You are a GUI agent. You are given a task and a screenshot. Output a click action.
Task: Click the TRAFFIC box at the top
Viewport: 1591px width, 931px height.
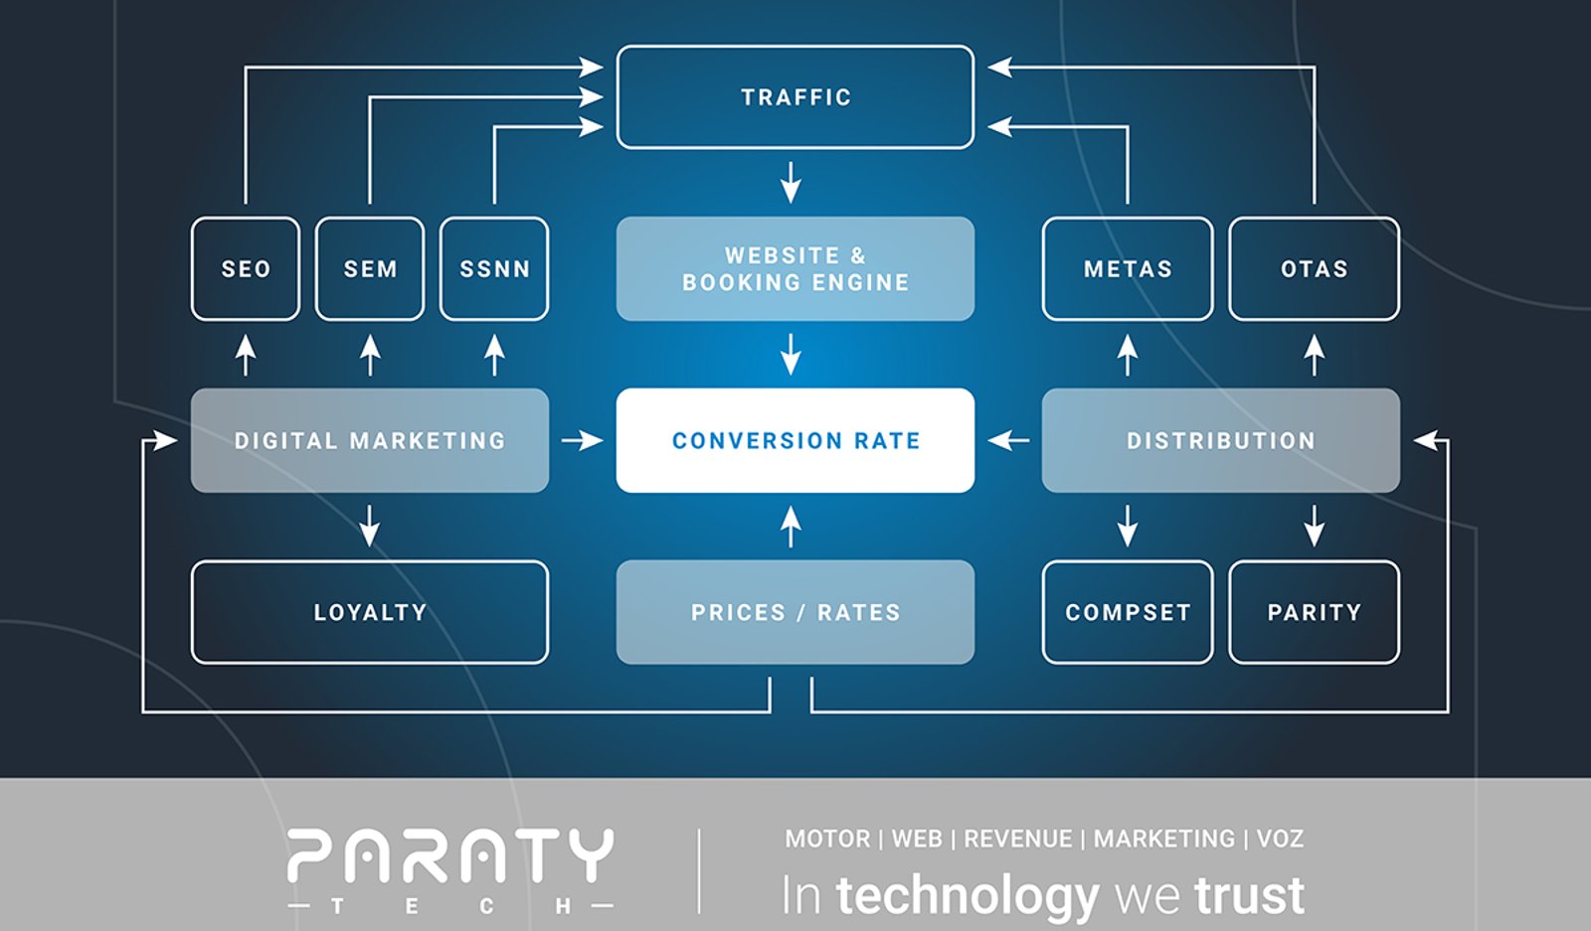795,97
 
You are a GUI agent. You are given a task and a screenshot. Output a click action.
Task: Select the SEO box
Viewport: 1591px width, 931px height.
246,269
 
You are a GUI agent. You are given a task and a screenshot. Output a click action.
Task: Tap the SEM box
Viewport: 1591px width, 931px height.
370,269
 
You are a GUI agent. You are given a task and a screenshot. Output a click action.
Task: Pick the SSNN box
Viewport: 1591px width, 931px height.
494,269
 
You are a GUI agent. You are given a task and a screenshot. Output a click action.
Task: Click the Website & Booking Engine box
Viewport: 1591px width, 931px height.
795,269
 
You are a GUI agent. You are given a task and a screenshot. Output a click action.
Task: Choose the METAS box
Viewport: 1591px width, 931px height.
1128,269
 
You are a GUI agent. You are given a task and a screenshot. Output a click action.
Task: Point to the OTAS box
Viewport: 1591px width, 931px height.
1315,269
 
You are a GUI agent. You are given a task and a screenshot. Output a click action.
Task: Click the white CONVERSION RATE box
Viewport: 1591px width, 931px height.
795,441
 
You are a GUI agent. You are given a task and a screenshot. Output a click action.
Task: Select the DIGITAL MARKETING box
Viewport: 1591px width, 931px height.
370,441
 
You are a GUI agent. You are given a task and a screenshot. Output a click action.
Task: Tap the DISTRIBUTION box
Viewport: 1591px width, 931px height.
1221,441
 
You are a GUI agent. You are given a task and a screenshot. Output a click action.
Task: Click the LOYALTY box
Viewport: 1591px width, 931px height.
370,612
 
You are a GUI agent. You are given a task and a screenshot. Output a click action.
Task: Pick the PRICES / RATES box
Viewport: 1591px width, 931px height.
795,612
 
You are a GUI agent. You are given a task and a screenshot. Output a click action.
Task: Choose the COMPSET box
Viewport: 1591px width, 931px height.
1128,612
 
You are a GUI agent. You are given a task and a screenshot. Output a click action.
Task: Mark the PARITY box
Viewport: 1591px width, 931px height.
1315,612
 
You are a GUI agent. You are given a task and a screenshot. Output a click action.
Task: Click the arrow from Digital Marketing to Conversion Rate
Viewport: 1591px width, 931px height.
583,441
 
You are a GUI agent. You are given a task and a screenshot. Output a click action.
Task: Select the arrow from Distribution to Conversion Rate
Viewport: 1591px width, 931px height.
1008,441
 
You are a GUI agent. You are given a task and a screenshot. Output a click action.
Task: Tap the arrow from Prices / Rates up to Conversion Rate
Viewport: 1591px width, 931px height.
791,527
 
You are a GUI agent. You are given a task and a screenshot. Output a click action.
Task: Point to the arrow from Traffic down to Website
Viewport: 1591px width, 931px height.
791,183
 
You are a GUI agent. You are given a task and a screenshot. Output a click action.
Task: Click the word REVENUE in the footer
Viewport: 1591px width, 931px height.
1018,839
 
